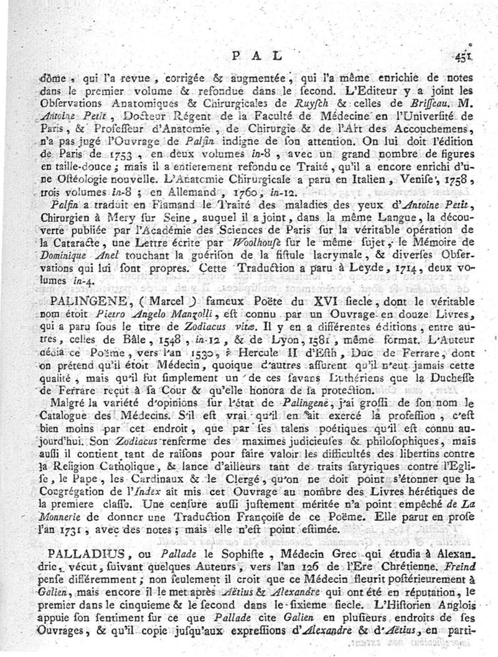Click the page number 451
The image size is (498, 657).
464,56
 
